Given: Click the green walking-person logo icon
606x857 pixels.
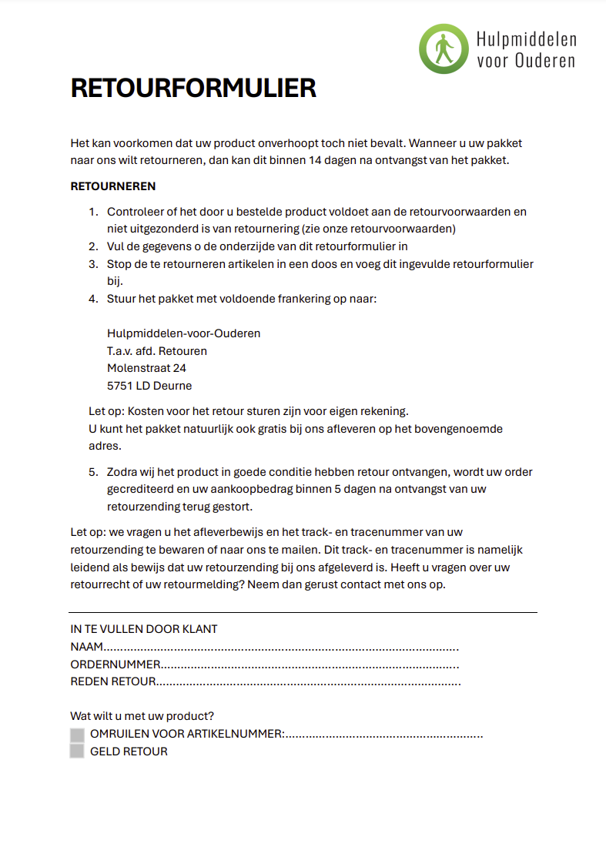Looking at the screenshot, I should pyautogui.click(x=444, y=49).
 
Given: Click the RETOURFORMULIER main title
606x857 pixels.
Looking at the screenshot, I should pyautogui.click(x=193, y=89).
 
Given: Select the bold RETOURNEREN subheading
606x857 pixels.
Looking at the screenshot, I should pyautogui.click(x=113, y=186).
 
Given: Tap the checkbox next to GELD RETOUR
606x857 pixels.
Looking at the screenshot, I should pyautogui.click(x=77, y=752).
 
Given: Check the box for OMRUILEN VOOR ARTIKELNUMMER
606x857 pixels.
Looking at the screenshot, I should pyautogui.click(x=77, y=735).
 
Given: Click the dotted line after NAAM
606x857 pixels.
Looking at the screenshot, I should pyautogui.click(x=281, y=648).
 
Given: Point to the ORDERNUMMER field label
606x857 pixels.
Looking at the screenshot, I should pyautogui.click(x=116, y=665).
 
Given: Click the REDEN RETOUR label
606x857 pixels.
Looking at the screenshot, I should pyautogui.click(x=113, y=681).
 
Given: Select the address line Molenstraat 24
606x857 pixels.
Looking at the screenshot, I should pyautogui.click(x=146, y=368).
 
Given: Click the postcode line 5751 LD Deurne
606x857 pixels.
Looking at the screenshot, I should pyautogui.click(x=149, y=386).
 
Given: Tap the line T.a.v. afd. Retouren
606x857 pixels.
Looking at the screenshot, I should pyautogui.click(x=157, y=351).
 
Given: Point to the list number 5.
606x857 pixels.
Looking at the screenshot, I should pyautogui.click(x=92, y=472).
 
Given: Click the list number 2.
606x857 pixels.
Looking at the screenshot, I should pyautogui.click(x=92, y=246).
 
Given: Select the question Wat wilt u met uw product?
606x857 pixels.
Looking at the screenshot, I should pyautogui.click(x=142, y=716).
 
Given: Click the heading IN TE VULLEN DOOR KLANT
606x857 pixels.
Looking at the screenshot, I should pyautogui.click(x=144, y=629).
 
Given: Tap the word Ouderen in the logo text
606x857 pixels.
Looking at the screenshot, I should pyautogui.click(x=544, y=60).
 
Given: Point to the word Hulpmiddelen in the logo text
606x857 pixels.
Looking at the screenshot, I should pyautogui.click(x=526, y=39).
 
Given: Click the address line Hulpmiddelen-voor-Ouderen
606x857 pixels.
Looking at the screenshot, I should pyautogui.click(x=183, y=333).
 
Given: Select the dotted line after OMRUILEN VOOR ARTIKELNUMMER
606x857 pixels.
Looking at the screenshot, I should pyautogui.click(x=384, y=735).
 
